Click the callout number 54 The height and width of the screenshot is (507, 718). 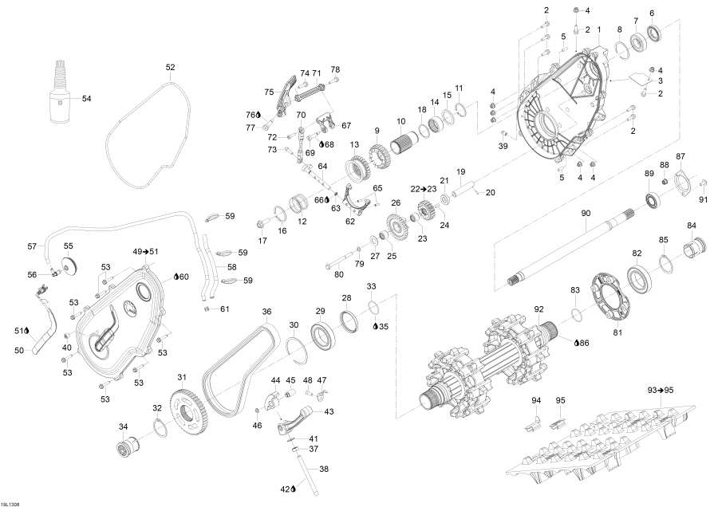tap(87, 98)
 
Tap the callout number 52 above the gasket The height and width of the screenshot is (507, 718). tap(169, 67)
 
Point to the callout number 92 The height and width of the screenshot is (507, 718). tap(538, 309)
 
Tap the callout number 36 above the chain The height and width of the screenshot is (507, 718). tap(266, 312)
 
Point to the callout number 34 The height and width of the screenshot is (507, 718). tap(123, 426)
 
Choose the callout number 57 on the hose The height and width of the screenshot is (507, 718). tap(33, 246)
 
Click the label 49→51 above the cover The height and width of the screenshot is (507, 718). tap(146, 252)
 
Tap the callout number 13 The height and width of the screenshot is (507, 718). tap(354, 146)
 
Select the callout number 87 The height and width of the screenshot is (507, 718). tap(681, 155)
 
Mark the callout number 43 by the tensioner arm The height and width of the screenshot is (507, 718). tap(329, 411)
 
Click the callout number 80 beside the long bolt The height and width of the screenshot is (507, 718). tap(339, 275)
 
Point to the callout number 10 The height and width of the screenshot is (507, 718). tap(401, 122)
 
